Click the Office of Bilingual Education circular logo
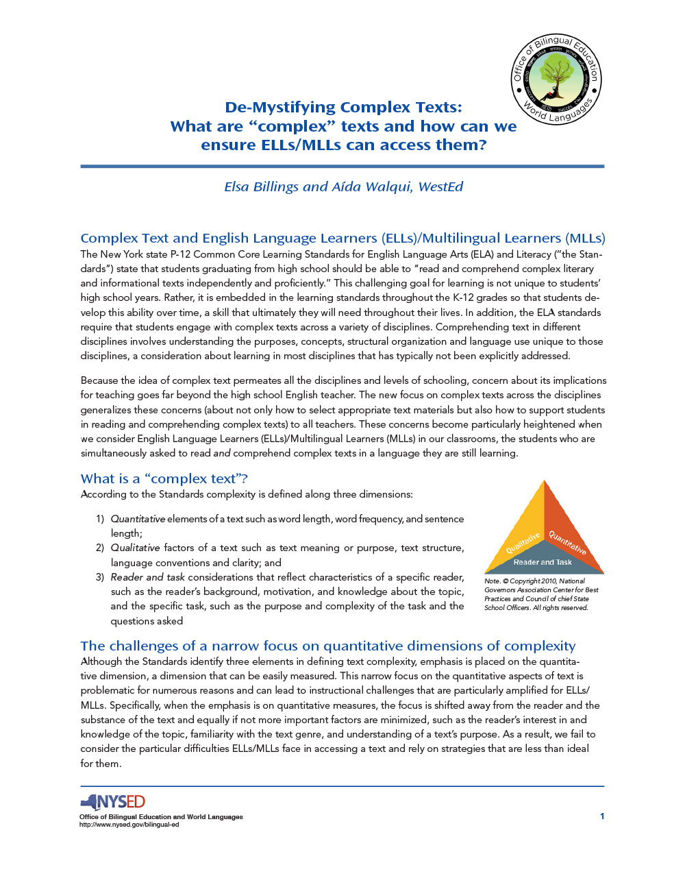[556, 79]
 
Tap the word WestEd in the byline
[440, 187]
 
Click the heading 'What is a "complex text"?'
[164, 478]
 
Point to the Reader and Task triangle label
[543, 562]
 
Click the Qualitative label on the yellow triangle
[523, 543]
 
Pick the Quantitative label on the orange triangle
[567, 543]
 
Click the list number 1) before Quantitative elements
[100, 519]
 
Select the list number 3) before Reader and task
[100, 577]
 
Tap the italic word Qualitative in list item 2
[135, 548]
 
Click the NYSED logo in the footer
[113, 802]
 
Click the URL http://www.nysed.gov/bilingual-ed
[129, 825]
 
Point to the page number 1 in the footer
[602, 816]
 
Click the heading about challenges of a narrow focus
[327, 646]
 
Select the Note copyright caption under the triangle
[541, 594]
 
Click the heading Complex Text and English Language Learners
[342, 238]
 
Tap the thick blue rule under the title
[342, 166]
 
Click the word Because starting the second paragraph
[99, 380]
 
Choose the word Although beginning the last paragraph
[101, 661]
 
